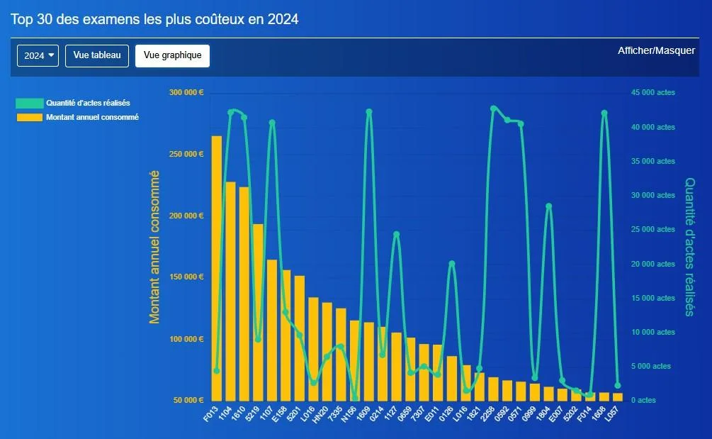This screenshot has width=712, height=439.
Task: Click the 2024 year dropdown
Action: coord(38,55)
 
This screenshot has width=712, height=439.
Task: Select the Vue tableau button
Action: coord(97,55)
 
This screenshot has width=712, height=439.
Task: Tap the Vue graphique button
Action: coord(173,55)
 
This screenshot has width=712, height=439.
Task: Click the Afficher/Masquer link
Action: coord(656,50)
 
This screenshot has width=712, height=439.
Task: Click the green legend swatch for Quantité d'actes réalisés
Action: coord(30,103)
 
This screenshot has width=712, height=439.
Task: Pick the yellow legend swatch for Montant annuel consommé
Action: coord(30,117)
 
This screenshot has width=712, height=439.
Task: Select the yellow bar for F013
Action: coord(217,268)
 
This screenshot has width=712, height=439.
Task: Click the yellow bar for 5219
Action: coord(258,312)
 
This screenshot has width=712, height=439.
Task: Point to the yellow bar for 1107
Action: coord(272,330)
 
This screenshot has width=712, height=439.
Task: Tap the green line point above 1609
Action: coord(369,112)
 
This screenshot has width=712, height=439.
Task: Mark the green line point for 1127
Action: coord(397,235)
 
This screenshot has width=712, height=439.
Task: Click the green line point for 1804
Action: coord(548,206)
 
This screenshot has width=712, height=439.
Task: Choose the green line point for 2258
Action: coord(494,109)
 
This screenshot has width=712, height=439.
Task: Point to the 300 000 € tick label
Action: coord(186,92)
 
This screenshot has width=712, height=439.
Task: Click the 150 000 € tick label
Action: coord(186,277)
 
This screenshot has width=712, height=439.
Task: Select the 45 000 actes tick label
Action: coord(653,92)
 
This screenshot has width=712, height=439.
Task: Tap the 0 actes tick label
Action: coord(643,400)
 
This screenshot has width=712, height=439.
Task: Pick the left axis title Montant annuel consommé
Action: coord(154,247)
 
